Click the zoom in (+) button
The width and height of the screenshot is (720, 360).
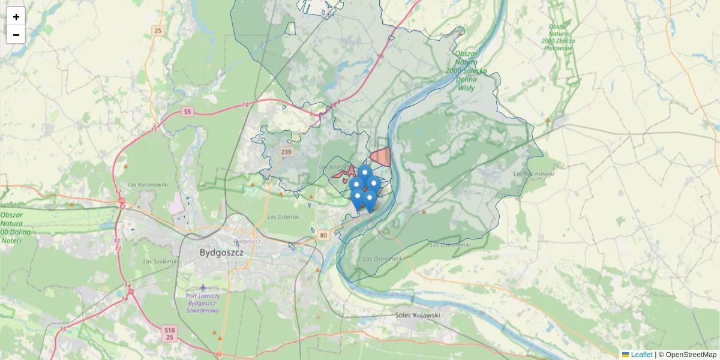click(16, 16)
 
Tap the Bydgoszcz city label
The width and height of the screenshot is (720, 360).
click(221, 253)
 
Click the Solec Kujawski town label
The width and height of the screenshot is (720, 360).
click(418, 315)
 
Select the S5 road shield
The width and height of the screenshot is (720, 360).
click(187, 112)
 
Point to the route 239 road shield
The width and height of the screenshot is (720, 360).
click(286, 152)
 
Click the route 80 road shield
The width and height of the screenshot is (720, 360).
click(324, 235)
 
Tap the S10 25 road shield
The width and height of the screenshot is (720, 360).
click(170, 334)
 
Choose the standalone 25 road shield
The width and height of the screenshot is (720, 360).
click(158, 31)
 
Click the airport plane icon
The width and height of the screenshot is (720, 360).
click(203, 288)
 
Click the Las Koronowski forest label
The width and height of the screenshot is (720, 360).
click(148, 185)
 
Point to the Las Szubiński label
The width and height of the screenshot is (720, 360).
click(161, 262)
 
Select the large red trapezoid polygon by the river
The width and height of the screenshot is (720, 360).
click(382, 157)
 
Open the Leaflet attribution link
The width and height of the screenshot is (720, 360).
click(641, 355)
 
